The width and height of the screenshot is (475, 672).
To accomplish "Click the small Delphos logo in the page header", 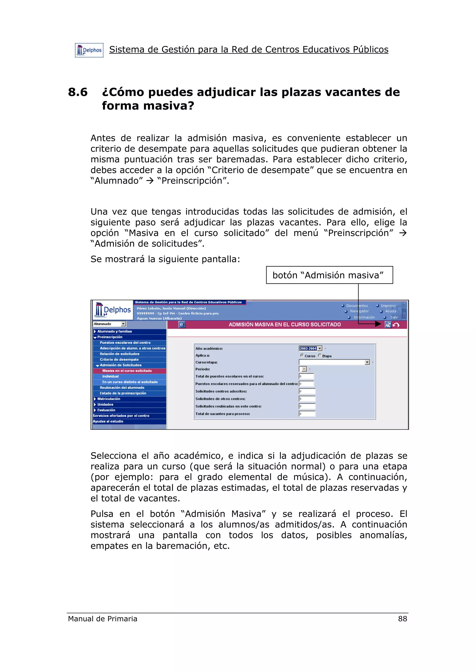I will click(89, 50).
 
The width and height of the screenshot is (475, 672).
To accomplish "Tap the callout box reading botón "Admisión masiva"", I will click(329, 275).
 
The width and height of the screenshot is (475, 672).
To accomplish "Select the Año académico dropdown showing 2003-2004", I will click(311, 348).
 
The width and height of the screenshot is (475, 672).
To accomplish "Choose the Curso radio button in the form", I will click(302, 355).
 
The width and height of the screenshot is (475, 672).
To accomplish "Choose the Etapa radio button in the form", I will click(320, 355).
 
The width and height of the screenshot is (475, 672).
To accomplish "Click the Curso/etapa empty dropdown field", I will click(334, 362).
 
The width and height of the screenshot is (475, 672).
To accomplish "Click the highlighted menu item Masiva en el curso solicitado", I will click(127, 371).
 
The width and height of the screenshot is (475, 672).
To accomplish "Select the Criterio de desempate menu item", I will click(119, 359).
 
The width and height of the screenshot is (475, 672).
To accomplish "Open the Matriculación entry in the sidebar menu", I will click(109, 399).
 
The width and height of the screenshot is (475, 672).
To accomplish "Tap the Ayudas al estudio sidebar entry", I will click(108, 422).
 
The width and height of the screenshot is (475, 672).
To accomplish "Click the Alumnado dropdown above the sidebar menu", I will click(109, 324).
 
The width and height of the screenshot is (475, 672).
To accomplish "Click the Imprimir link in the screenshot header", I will click(388, 306).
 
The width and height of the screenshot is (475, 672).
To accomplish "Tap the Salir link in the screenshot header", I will click(394, 317).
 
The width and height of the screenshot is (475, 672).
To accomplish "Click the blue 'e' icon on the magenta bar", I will click(182, 325).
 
